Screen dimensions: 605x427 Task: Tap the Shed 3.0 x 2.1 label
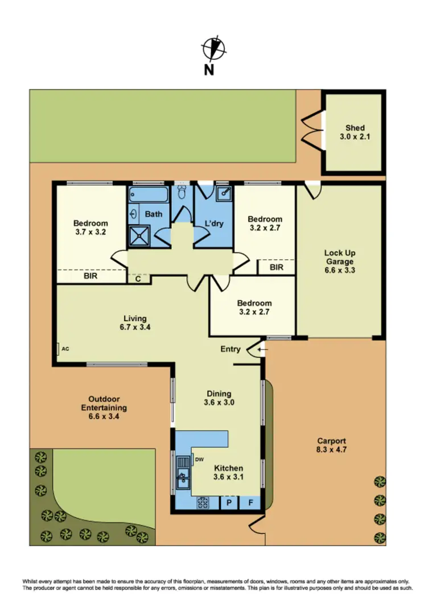[355, 132]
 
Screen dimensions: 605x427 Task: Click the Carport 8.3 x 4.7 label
[332, 445]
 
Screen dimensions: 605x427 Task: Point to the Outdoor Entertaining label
[104, 407]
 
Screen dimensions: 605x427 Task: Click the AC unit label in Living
[65, 349]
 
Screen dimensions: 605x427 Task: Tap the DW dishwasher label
[199, 459]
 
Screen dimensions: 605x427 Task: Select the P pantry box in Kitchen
[229, 503]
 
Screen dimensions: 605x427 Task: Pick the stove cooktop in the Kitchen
[203, 503]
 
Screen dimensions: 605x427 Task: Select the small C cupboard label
[138, 279]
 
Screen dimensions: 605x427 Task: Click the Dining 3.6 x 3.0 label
[219, 398]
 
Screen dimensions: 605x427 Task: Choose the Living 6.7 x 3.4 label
[136, 322]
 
